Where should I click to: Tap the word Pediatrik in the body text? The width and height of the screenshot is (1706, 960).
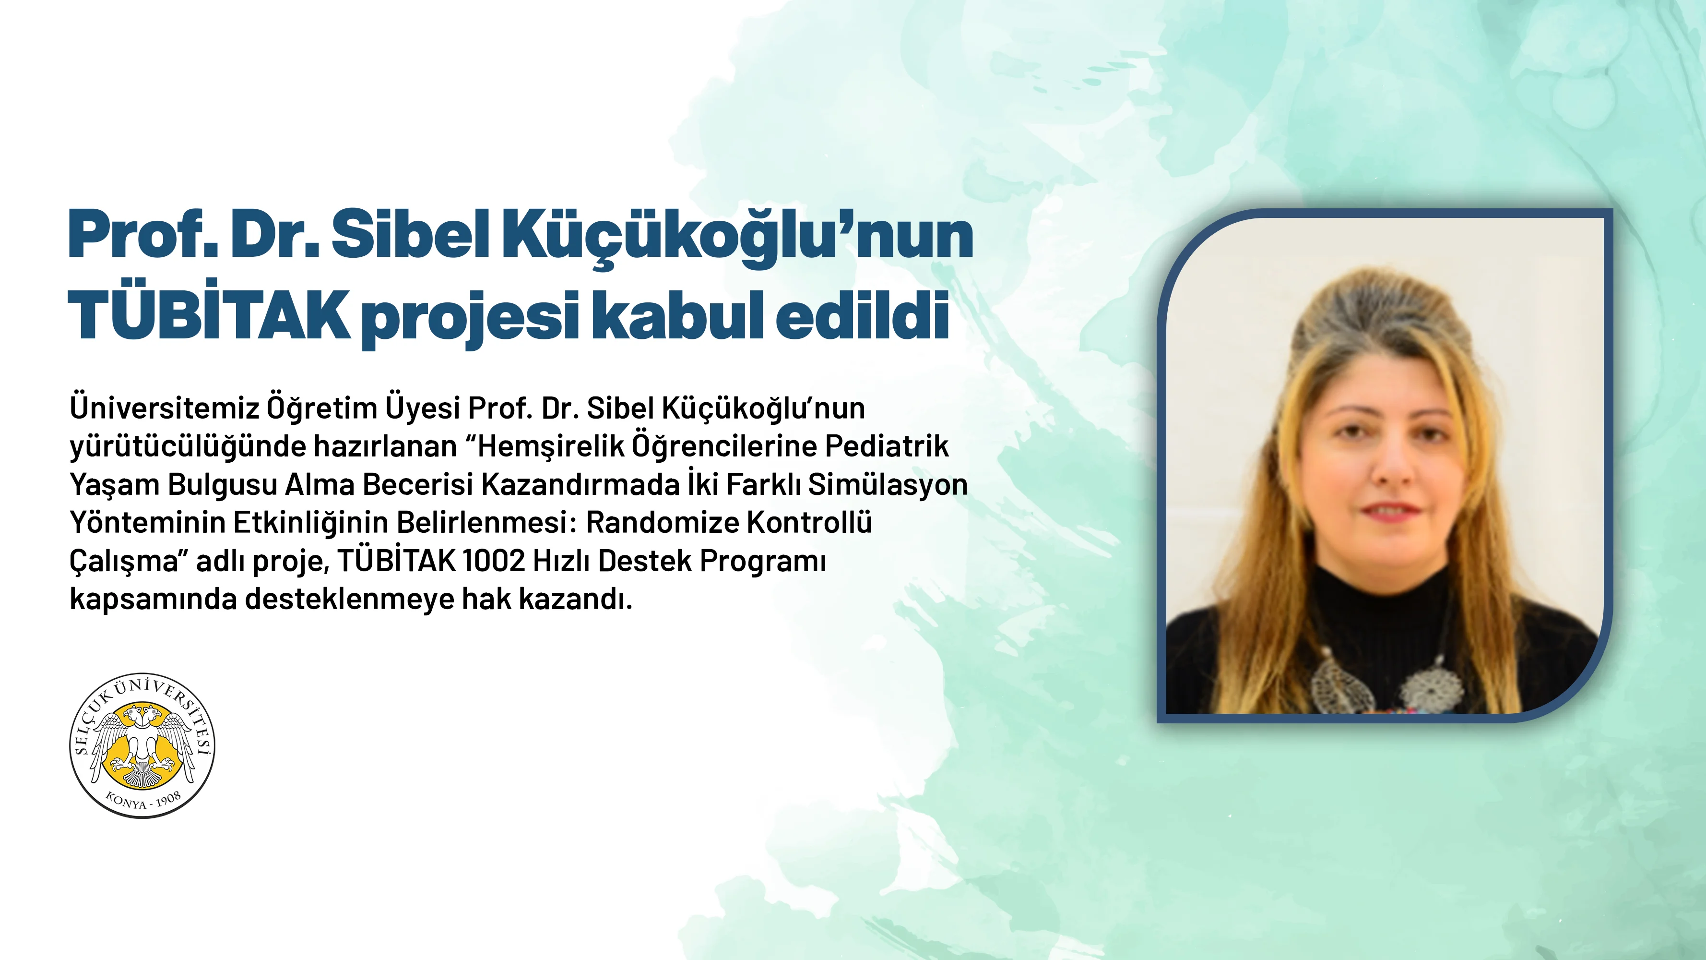(887, 446)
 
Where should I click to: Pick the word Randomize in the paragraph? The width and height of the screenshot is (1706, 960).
(662, 523)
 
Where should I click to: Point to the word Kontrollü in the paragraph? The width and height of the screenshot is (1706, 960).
(809, 522)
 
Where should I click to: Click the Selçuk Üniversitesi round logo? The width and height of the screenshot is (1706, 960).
(142, 746)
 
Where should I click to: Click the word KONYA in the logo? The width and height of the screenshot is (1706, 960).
(126, 801)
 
